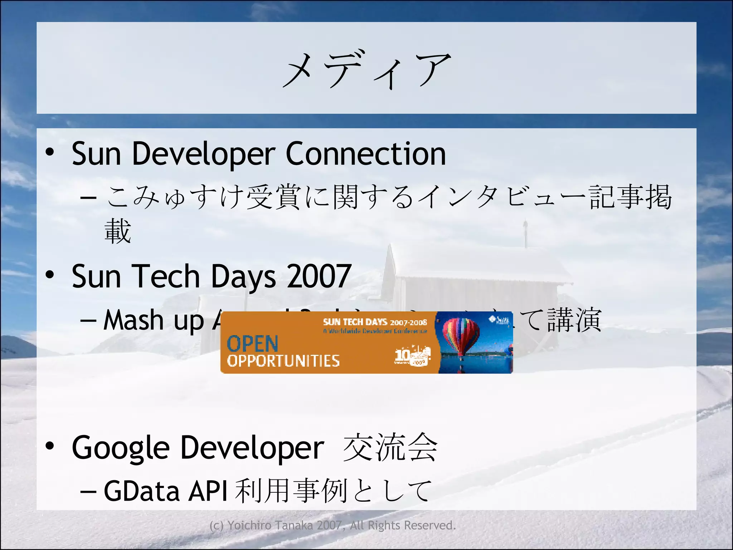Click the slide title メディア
coord(366,70)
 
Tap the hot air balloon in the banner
coord(461,337)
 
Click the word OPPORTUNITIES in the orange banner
coord(283,361)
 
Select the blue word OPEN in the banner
coord(252,344)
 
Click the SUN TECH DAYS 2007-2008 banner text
coord(375,322)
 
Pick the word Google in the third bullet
coord(121,448)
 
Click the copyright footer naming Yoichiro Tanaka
coord(332,525)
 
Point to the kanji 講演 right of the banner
coord(574,320)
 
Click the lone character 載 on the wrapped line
coord(118,231)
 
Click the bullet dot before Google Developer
coord(50,446)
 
